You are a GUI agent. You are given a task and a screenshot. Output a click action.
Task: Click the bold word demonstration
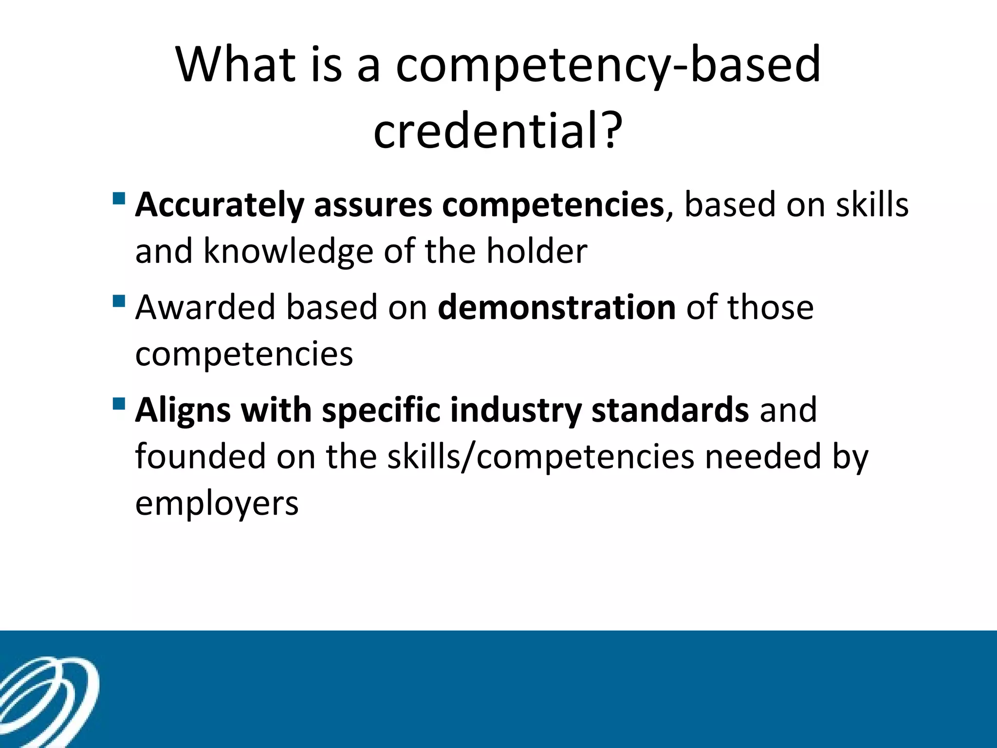(x=556, y=307)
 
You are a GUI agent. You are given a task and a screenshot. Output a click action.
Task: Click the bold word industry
(x=516, y=410)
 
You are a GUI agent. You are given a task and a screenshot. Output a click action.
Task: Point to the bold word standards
(x=670, y=410)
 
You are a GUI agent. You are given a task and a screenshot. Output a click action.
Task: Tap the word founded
(x=201, y=456)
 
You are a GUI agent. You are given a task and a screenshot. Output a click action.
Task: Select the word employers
(x=217, y=503)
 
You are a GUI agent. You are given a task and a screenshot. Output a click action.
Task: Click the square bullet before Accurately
(x=118, y=199)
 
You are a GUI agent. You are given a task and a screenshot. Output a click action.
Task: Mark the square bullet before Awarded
(x=118, y=301)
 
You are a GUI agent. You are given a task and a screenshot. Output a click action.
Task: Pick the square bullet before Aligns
(x=118, y=404)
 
